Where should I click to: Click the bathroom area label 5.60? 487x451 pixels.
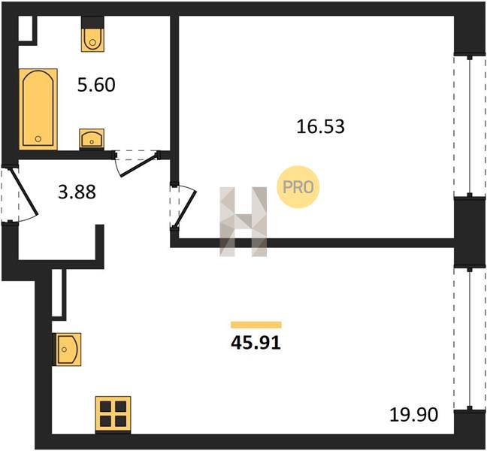click(96, 85)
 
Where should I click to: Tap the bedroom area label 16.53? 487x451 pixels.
click(320, 127)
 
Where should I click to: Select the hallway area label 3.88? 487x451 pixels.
click(77, 192)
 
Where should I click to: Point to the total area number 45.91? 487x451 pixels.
click(256, 343)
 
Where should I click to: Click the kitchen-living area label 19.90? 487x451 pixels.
click(413, 415)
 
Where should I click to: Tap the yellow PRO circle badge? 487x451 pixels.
click(298, 187)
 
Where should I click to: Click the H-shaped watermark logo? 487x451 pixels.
click(243, 222)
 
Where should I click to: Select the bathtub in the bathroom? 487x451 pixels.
click(38, 109)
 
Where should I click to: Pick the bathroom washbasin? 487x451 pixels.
click(92, 138)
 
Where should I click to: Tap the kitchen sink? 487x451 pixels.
click(67, 350)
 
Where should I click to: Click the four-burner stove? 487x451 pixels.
click(113, 415)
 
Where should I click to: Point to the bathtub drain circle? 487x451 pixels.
click(38, 139)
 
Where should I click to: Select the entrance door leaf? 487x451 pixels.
click(24, 192)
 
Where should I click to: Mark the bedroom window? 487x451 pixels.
click(470, 126)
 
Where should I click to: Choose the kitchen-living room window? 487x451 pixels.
click(470, 339)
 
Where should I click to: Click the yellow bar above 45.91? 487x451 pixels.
click(256, 325)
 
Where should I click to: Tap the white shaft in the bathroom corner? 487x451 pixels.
click(26, 28)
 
